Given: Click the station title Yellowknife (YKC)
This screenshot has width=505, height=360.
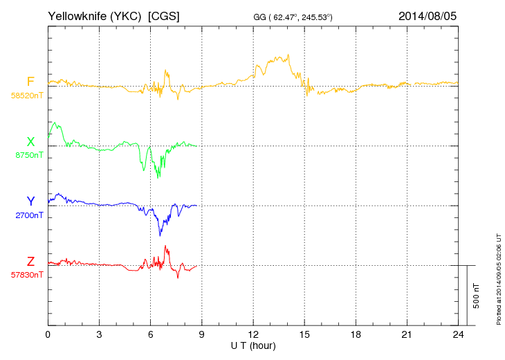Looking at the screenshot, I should tap(95, 15).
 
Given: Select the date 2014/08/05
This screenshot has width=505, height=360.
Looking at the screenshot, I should tap(428, 15).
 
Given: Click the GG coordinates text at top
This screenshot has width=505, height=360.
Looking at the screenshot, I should tap(293, 16).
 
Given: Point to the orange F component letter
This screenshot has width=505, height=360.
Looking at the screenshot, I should tap(30, 82).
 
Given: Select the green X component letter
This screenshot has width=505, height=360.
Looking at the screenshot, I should tap(30, 142).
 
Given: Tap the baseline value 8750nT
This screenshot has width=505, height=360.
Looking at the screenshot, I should tap(29, 155).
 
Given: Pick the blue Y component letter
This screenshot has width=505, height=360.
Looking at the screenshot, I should tap(30, 201).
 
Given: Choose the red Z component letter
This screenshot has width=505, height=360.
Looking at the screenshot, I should tap(30, 261).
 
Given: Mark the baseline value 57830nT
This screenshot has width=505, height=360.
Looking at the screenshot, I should tap(27, 275).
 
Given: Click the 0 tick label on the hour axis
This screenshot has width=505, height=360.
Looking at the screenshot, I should tap(48, 334).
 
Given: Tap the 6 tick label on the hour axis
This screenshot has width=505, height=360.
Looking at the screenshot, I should tap(151, 334).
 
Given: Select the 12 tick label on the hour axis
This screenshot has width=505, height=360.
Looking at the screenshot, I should tap(253, 334).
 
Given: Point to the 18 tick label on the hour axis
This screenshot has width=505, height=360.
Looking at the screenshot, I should tap(356, 334).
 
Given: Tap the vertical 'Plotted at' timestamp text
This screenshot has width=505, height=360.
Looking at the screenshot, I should tap(498, 278).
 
